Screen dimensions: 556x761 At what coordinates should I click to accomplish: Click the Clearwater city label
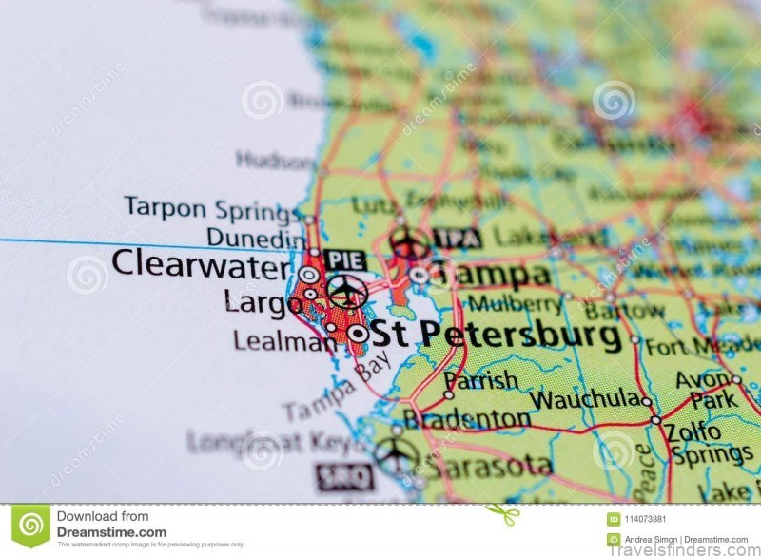point(200,263)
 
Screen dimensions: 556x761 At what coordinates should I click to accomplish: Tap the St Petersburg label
point(495,335)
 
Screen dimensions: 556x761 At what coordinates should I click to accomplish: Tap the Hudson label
point(275,161)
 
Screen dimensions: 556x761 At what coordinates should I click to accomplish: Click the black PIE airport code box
point(344,259)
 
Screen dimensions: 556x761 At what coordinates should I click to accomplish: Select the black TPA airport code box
point(457,238)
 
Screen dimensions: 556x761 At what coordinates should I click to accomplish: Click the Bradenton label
point(466,418)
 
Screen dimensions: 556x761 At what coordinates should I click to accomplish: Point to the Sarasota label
point(488,466)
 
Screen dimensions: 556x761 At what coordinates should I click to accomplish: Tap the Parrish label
point(481,380)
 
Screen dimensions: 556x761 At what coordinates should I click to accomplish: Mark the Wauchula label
point(584,398)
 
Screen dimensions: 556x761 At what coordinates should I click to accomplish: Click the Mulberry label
point(515,304)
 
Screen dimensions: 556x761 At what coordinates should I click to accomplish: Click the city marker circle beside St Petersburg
point(358,334)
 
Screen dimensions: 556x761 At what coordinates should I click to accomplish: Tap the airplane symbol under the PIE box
point(347,290)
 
